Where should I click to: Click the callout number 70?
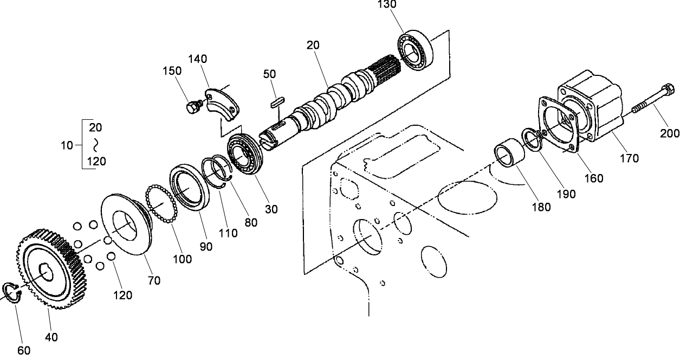153,280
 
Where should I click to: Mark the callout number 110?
228,233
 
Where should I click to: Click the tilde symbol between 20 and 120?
95,144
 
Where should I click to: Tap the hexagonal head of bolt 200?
668,89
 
